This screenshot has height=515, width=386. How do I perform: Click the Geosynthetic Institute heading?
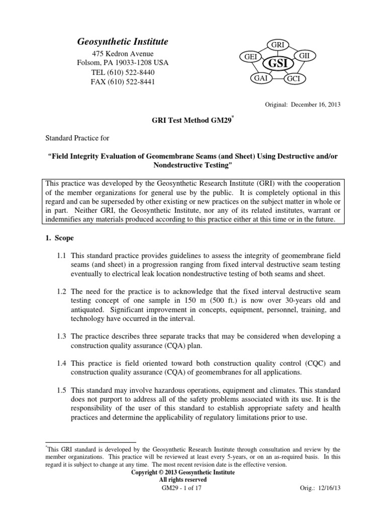click(123, 42)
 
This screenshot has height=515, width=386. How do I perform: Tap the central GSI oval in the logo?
click(278, 64)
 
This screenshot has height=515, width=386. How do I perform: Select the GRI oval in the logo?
click(278, 45)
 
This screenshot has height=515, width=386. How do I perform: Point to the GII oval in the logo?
click(305, 54)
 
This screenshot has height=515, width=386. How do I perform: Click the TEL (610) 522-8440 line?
click(123, 72)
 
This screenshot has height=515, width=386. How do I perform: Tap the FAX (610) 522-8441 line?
click(123, 82)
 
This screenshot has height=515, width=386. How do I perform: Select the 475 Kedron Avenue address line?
click(123, 54)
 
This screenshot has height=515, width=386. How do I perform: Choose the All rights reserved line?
click(182, 480)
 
